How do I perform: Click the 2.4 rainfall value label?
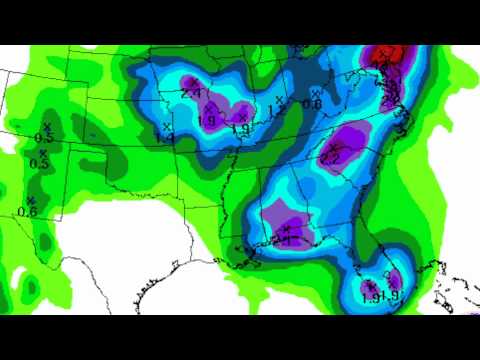191,92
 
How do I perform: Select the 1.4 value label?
166,139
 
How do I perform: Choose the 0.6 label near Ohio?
312,103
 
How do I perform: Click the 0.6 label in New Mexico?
27,211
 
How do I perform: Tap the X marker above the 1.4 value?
166,127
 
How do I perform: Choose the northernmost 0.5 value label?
43,137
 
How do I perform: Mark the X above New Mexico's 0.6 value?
31,199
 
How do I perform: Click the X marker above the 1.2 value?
281,97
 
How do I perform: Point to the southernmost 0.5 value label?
39,164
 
